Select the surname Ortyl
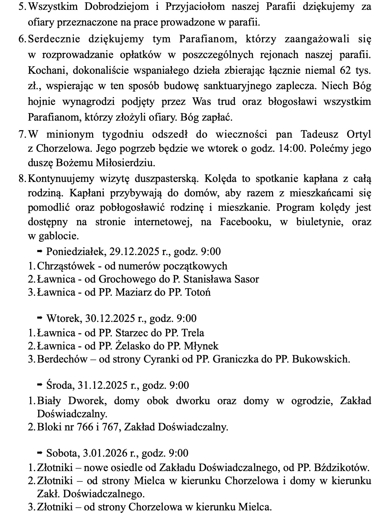click(359, 134)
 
